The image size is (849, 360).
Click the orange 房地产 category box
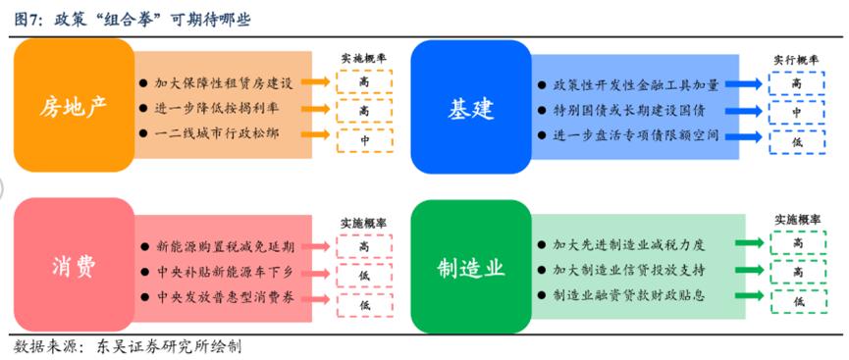(x=73, y=106)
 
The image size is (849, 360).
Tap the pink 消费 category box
(x=73, y=267)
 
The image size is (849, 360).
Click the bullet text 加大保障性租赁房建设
(x=224, y=83)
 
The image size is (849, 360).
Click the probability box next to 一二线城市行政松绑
(x=363, y=139)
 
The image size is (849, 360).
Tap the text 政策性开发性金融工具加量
(x=636, y=85)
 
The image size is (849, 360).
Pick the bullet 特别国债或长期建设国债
(x=628, y=111)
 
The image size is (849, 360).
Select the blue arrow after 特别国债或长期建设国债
(x=748, y=111)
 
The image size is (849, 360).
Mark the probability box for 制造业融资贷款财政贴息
(x=797, y=301)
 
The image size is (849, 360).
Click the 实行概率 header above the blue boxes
(x=796, y=57)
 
